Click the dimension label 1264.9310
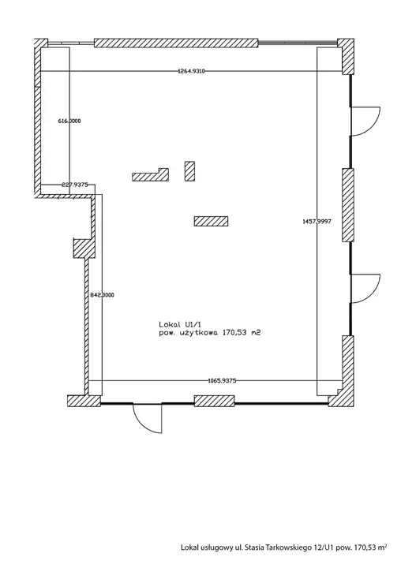pyautogui.click(x=191, y=71)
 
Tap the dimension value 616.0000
pyautogui.click(x=69, y=121)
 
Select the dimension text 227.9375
pyautogui.click(x=75, y=185)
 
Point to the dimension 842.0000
pyautogui.click(x=102, y=295)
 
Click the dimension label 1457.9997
pyautogui.click(x=317, y=222)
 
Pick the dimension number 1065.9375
pyautogui.click(x=222, y=380)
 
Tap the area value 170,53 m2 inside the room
pyautogui.click(x=242, y=333)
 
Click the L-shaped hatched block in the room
pyautogui.click(x=150, y=175)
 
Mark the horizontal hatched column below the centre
pyautogui.click(x=211, y=222)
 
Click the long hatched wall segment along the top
pyautogui.click(x=176, y=43)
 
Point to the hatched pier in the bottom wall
pyautogui.click(x=214, y=401)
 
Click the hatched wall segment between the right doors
pyautogui.click(x=348, y=205)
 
